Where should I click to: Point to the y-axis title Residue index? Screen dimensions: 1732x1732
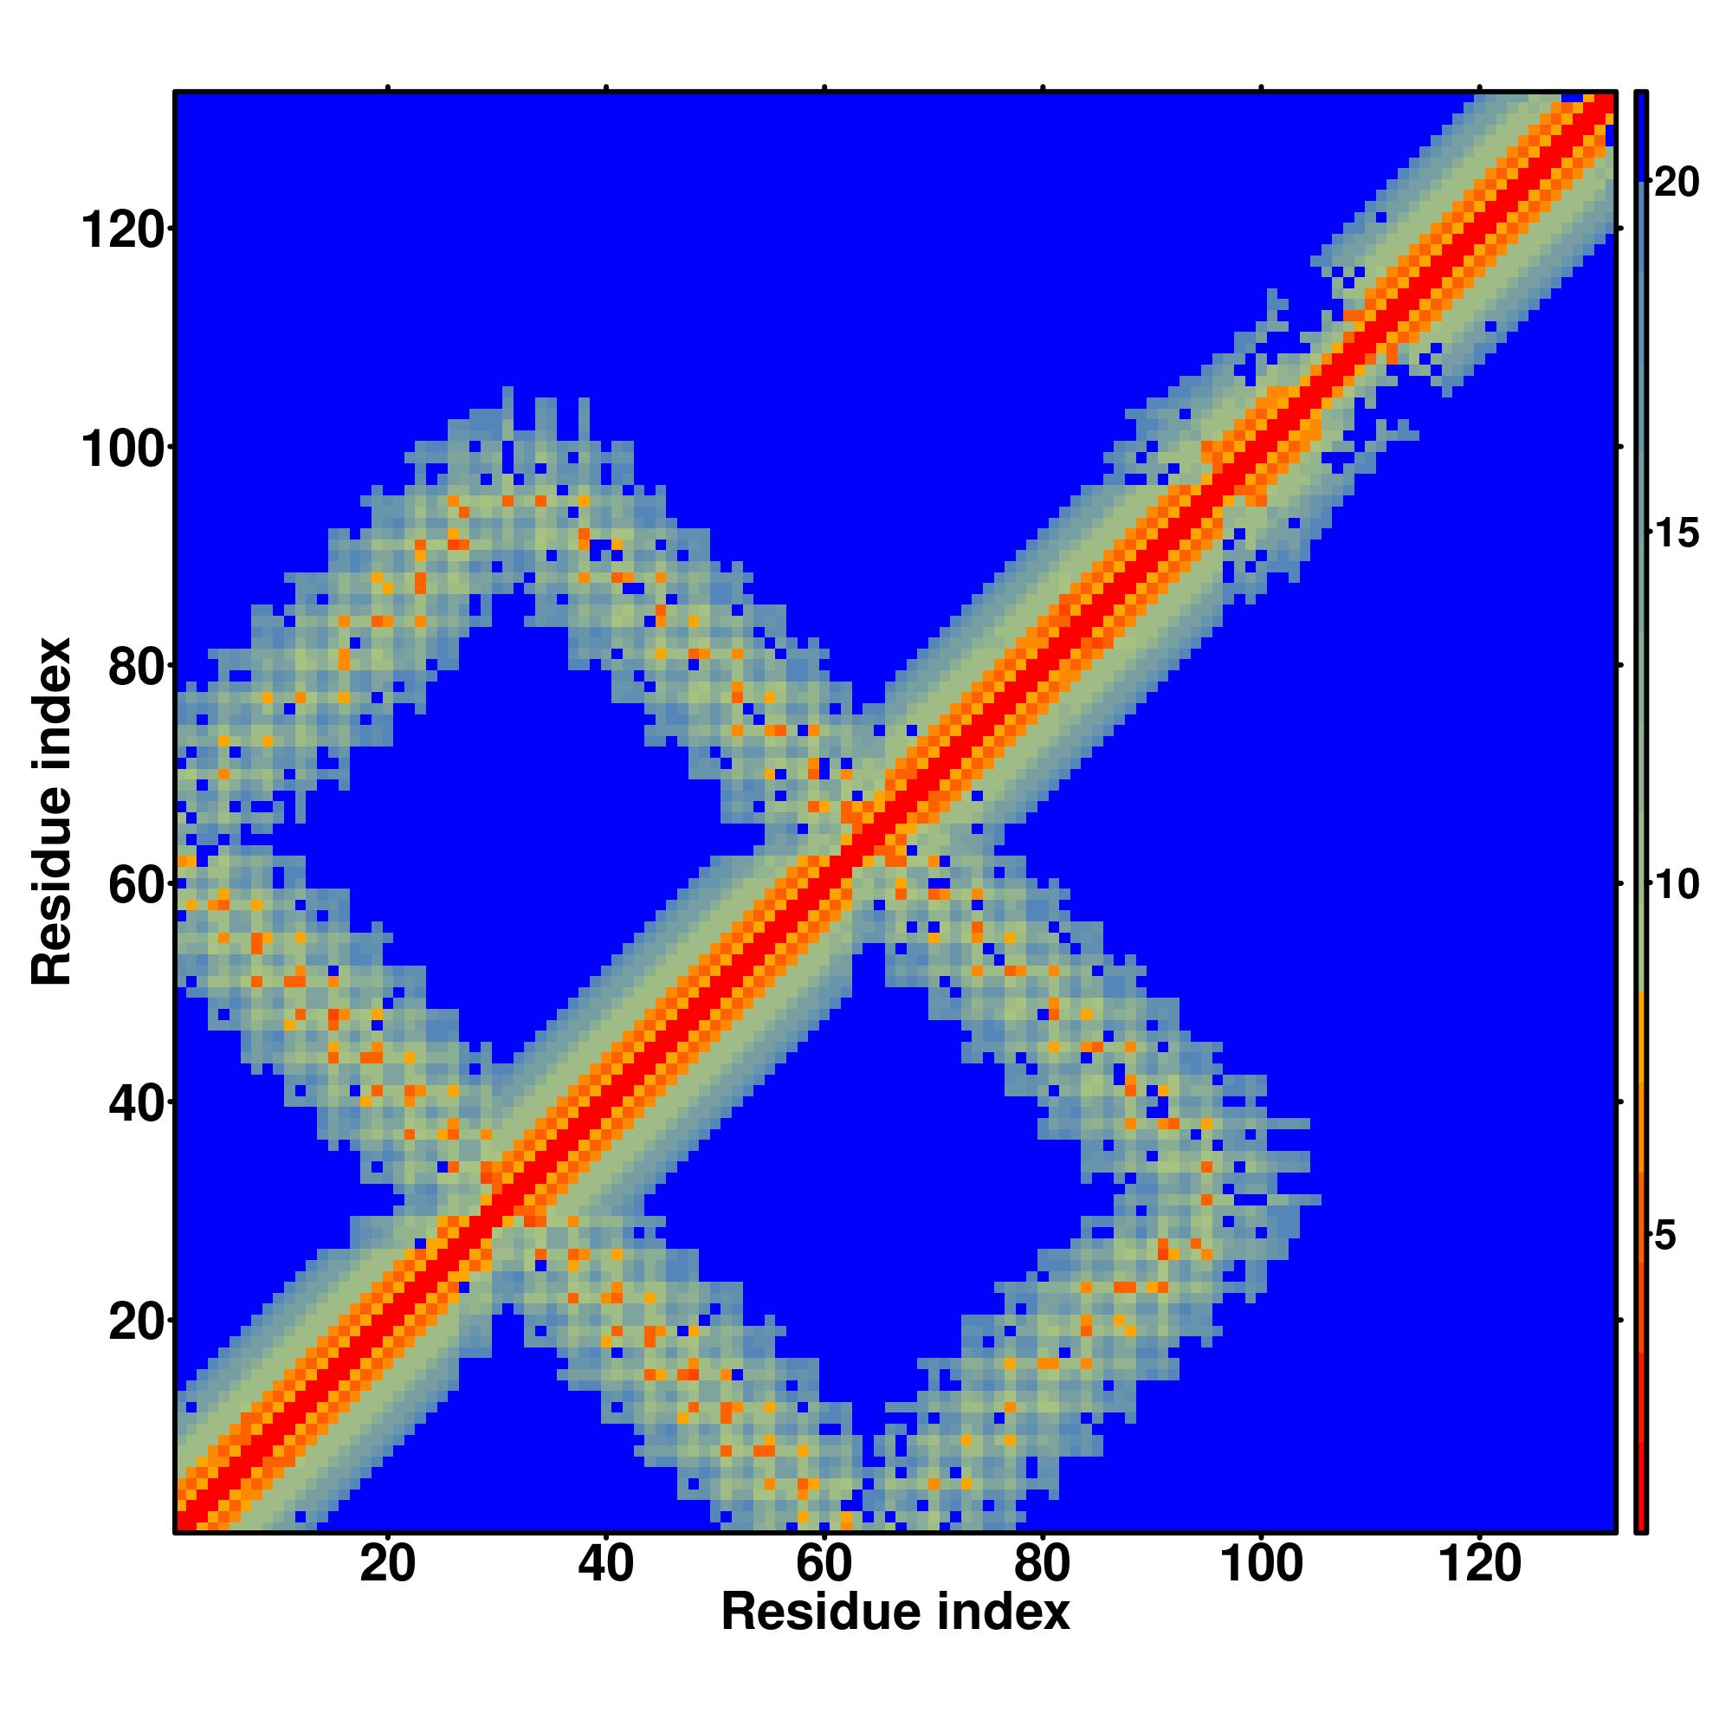coord(52,811)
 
